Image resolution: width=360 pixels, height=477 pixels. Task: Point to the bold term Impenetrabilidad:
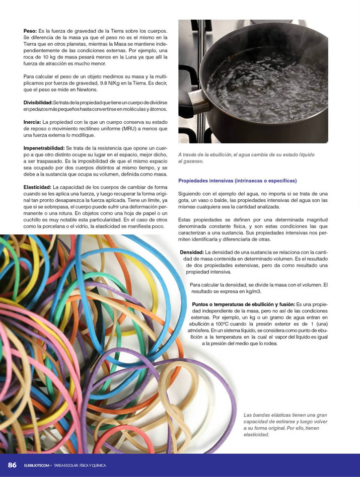click(44, 148)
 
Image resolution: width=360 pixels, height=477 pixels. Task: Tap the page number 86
click(12, 464)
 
